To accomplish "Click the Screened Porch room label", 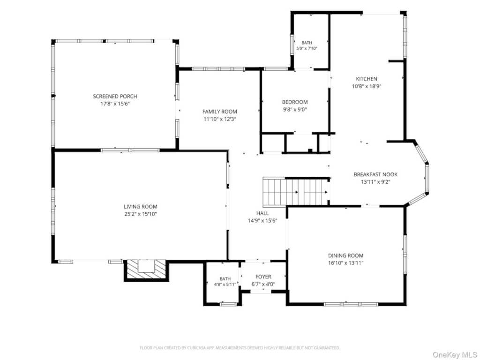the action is tap(115, 97).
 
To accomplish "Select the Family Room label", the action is tap(219, 112).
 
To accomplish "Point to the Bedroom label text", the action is tap(295, 102).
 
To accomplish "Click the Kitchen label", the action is tap(367, 79).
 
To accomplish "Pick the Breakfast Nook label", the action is tap(375, 174).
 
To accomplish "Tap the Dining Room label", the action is tap(345, 255).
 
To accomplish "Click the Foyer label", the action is tap(263, 277).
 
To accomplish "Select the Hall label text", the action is tap(262, 213).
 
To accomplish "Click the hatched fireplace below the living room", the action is tap(146, 270).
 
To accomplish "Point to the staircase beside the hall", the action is tap(295, 192).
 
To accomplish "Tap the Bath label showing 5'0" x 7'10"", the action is tap(307, 45).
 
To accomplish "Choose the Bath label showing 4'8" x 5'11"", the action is tap(225, 282).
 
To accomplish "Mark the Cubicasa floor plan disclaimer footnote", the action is tap(240, 348).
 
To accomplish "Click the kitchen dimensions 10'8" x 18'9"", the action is tap(367, 86).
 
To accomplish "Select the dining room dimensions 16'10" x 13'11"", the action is tap(345, 263).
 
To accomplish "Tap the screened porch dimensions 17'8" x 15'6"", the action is tap(115, 104).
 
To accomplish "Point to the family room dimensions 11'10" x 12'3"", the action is tap(219, 119).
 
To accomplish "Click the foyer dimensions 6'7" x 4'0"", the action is tap(263, 284).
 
